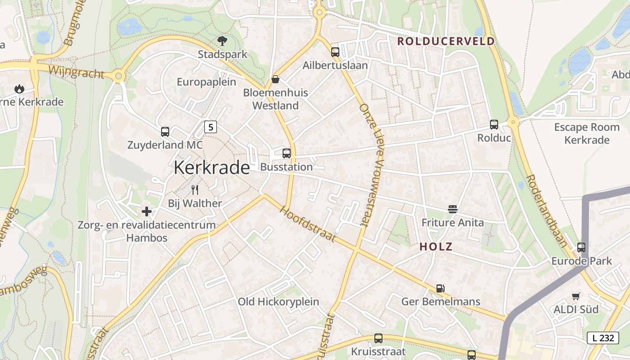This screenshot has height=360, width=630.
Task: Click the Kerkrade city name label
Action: point(211,167)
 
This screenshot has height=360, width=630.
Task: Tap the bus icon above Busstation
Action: point(287,153)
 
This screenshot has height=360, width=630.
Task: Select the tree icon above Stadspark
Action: point(222,41)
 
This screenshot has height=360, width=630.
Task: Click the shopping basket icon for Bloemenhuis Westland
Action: point(275,80)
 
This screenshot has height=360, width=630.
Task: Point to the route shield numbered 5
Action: point(210,127)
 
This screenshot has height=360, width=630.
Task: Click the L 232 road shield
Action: point(603,338)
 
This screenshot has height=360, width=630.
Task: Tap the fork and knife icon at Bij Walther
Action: point(195,190)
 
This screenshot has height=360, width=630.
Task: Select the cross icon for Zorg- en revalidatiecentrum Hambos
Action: point(147,211)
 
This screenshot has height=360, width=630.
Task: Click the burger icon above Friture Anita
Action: point(452,209)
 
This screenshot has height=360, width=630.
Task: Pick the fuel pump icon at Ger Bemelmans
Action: point(441,288)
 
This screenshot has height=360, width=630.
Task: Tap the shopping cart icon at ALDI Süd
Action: point(576,296)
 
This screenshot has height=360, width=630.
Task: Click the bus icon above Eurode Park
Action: point(581,247)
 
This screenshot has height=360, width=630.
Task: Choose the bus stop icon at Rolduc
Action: point(494,125)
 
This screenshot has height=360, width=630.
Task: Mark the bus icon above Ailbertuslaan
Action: point(335,52)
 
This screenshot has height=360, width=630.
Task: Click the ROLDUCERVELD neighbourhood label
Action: point(445,41)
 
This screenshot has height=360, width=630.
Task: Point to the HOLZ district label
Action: point(436,247)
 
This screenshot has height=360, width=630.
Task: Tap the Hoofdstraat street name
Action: point(308,224)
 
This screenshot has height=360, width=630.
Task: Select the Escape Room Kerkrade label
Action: point(587,133)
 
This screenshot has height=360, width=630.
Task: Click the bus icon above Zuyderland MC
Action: point(165,132)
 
